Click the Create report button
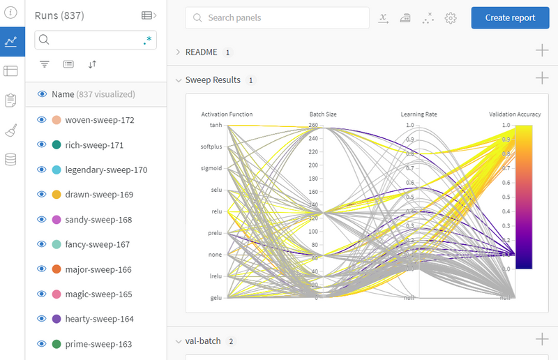(x=515, y=18)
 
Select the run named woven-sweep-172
(x=99, y=120)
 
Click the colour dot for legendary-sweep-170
(x=56, y=170)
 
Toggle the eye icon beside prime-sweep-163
(x=41, y=344)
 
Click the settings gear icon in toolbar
(x=451, y=18)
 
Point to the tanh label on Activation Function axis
(x=216, y=125)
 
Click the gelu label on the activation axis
(x=216, y=298)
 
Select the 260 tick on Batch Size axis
(x=314, y=126)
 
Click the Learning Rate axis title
(x=418, y=114)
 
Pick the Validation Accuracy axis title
(x=515, y=114)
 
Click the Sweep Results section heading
(x=213, y=80)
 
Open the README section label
(x=201, y=52)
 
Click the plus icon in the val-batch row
(x=542, y=340)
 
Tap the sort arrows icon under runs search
(x=92, y=64)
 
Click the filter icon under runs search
(x=45, y=64)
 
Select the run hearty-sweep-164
(x=99, y=320)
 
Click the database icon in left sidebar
(x=10, y=160)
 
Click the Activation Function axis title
(x=227, y=114)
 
